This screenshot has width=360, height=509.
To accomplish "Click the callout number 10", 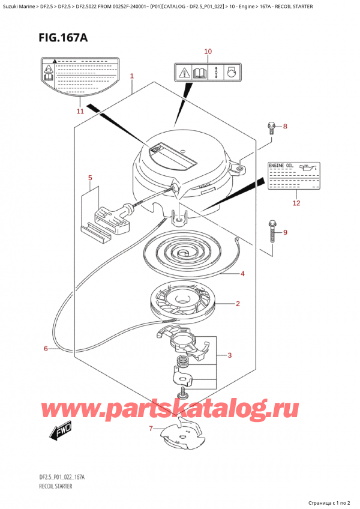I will coord(208,52).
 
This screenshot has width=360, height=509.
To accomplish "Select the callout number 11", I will coord(80,111).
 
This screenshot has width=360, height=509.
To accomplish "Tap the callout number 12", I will coord(295,203).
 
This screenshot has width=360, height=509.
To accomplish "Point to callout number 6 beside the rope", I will coord(46,349).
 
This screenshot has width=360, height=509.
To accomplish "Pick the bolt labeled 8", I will coord(271,127).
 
